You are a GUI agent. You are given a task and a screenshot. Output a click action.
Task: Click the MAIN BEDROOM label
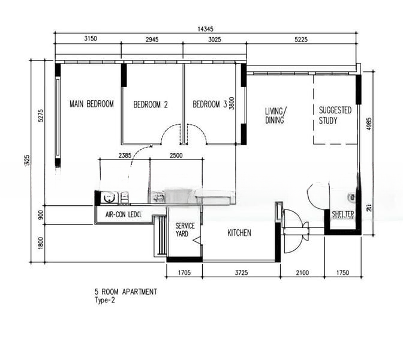point(91,104)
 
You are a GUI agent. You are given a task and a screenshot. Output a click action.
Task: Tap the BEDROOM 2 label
point(150,104)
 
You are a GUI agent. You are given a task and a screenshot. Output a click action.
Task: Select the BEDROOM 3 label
point(209,104)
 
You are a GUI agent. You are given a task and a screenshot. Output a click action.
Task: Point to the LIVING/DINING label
point(276,115)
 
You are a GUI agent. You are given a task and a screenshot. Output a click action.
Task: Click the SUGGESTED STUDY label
point(335,115)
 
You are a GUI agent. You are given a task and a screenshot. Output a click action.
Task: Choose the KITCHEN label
point(239,233)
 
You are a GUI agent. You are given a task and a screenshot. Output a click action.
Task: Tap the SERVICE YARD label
point(185,230)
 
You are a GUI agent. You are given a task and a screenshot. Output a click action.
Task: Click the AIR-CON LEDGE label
point(123,214)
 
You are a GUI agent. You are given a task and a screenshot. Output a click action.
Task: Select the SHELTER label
point(343,214)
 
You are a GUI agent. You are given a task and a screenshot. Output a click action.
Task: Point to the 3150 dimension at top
point(88,39)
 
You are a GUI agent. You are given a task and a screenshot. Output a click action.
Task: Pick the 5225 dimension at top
point(302,39)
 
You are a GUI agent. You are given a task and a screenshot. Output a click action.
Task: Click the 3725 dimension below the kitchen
point(241,274)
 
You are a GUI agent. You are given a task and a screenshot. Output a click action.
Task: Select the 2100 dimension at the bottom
point(302,274)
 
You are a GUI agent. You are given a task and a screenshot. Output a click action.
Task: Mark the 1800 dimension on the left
point(40,243)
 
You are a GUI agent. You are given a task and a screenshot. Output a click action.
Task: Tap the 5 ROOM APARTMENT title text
point(125,292)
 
